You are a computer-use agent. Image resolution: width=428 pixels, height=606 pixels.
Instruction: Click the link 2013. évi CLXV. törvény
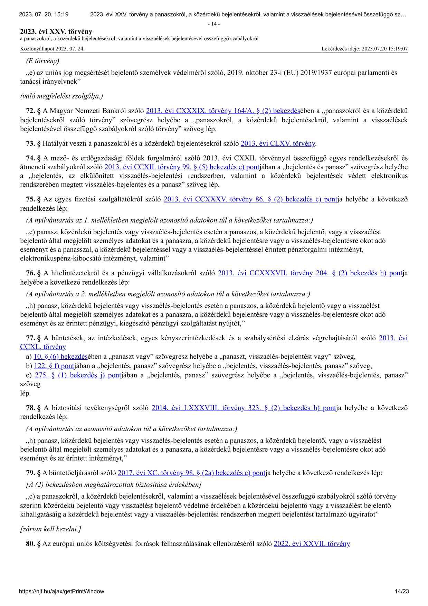coord(278,143)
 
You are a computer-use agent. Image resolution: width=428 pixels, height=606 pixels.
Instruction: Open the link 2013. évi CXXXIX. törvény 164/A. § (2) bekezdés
coord(223,111)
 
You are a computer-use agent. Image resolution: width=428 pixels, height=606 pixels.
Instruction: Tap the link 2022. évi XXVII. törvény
coord(312,544)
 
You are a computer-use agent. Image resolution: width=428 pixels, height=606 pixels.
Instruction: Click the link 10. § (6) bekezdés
coord(60,357)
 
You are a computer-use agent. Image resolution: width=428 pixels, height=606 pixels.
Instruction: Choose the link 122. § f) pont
coord(54,366)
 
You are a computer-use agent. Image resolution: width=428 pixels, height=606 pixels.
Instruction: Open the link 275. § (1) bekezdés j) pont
coord(78,375)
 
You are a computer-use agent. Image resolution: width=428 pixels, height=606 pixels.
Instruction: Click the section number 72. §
coord(34,111)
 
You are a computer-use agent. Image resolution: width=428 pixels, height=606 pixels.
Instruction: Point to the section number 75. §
coord(34,199)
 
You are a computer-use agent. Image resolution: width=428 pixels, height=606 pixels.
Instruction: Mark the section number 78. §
coord(34,408)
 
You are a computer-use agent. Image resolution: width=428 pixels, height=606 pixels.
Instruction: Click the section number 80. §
coord(34,544)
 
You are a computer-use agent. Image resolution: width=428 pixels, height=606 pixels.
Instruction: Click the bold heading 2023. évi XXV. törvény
coord(56,32)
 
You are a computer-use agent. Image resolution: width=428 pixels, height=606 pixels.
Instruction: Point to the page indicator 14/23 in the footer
coord(402,591)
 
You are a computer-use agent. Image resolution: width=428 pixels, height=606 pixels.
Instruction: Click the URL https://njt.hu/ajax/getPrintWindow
coord(61,591)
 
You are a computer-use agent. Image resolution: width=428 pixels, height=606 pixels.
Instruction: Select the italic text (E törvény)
coord(43,61)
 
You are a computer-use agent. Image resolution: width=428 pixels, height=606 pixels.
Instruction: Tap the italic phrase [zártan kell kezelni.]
coord(51,529)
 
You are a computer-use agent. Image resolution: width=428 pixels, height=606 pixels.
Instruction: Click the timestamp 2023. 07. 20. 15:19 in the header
coord(44,15)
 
